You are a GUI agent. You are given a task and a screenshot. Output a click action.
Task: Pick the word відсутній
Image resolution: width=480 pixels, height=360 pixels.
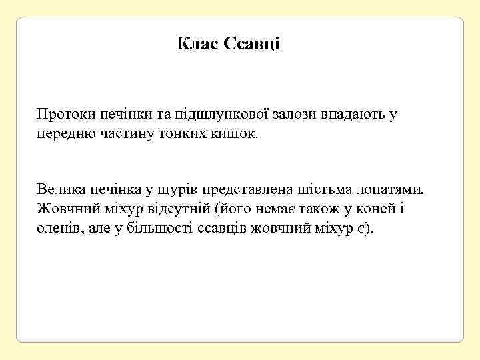point(179,209)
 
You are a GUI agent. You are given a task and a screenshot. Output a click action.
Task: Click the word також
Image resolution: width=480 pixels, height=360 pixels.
point(319,209)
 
